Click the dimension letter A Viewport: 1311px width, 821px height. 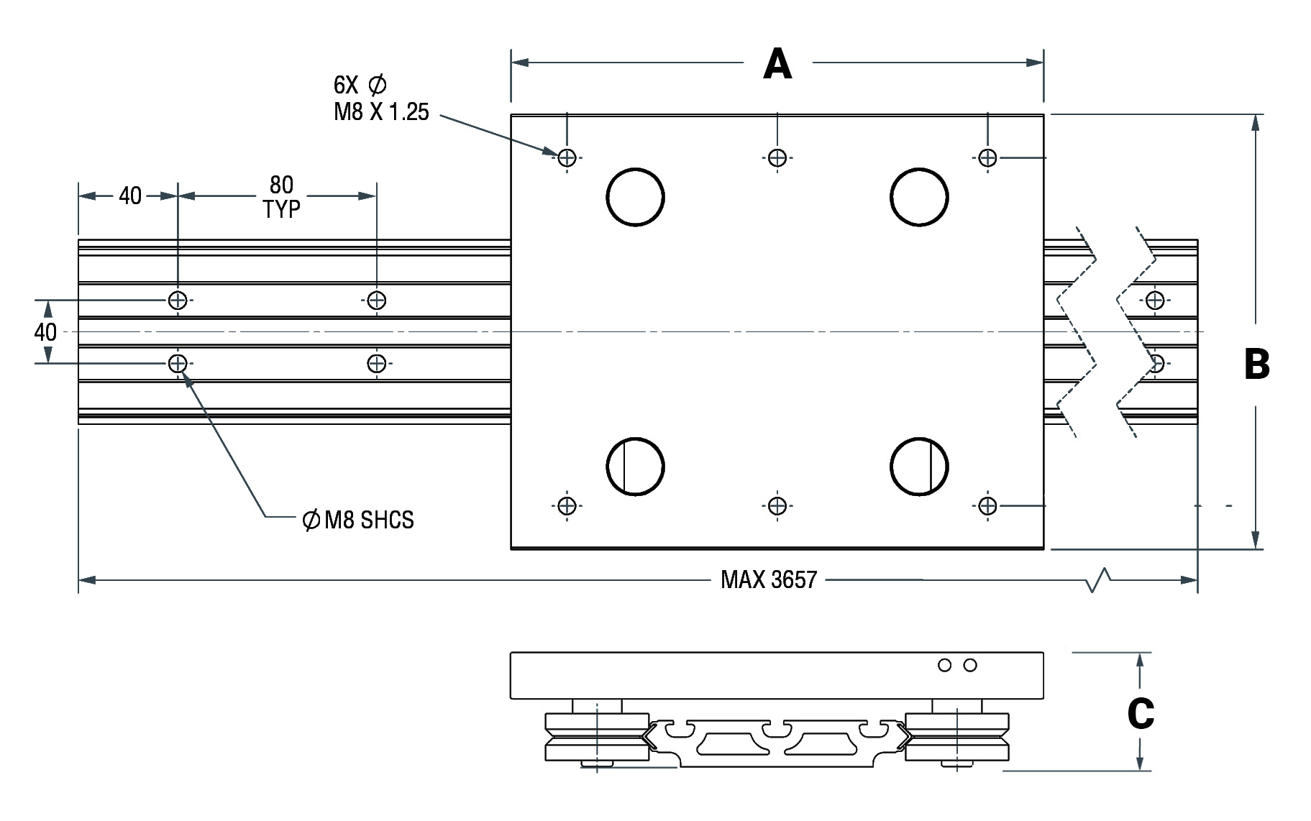[x=777, y=63]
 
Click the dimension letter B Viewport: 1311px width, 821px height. [x=1257, y=364]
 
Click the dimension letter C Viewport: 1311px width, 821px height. [x=1141, y=714]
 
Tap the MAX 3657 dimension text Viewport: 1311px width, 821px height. [x=769, y=579]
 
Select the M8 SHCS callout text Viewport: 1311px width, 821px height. [x=359, y=520]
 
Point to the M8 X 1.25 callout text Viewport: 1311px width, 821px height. [x=381, y=112]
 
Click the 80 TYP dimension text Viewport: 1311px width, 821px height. [x=281, y=197]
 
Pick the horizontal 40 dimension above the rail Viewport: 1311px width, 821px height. [x=130, y=196]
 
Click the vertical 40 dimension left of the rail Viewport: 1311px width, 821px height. [x=45, y=331]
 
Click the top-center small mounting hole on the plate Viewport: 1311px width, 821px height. [x=777, y=157]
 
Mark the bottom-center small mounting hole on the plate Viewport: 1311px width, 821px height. [x=777, y=506]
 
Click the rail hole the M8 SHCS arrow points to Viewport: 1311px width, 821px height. [x=178, y=364]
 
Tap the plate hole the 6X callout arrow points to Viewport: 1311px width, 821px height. [x=567, y=157]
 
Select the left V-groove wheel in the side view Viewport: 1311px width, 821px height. [x=597, y=737]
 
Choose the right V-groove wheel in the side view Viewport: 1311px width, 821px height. [x=957, y=737]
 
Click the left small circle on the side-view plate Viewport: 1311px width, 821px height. [x=945, y=666]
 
